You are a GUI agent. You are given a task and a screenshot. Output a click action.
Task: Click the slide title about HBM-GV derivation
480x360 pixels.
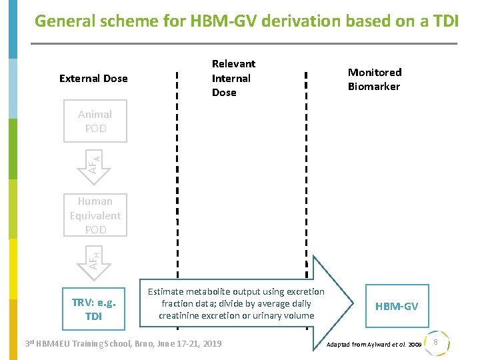click(246, 21)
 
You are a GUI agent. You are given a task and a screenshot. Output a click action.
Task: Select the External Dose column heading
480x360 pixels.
click(93, 79)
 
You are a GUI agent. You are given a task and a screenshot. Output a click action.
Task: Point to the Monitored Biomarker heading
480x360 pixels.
click(374, 79)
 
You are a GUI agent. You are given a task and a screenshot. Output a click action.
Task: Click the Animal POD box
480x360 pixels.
click(95, 121)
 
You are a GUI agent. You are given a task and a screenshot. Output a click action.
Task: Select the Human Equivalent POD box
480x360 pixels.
click(95, 215)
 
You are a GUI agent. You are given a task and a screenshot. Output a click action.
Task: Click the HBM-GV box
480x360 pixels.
click(397, 306)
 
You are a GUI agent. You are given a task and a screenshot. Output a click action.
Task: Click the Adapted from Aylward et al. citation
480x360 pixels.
click(373, 345)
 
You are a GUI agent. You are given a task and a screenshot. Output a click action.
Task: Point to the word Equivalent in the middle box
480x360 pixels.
click(95, 215)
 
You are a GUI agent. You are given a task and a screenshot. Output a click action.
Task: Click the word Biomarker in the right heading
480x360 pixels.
click(374, 87)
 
